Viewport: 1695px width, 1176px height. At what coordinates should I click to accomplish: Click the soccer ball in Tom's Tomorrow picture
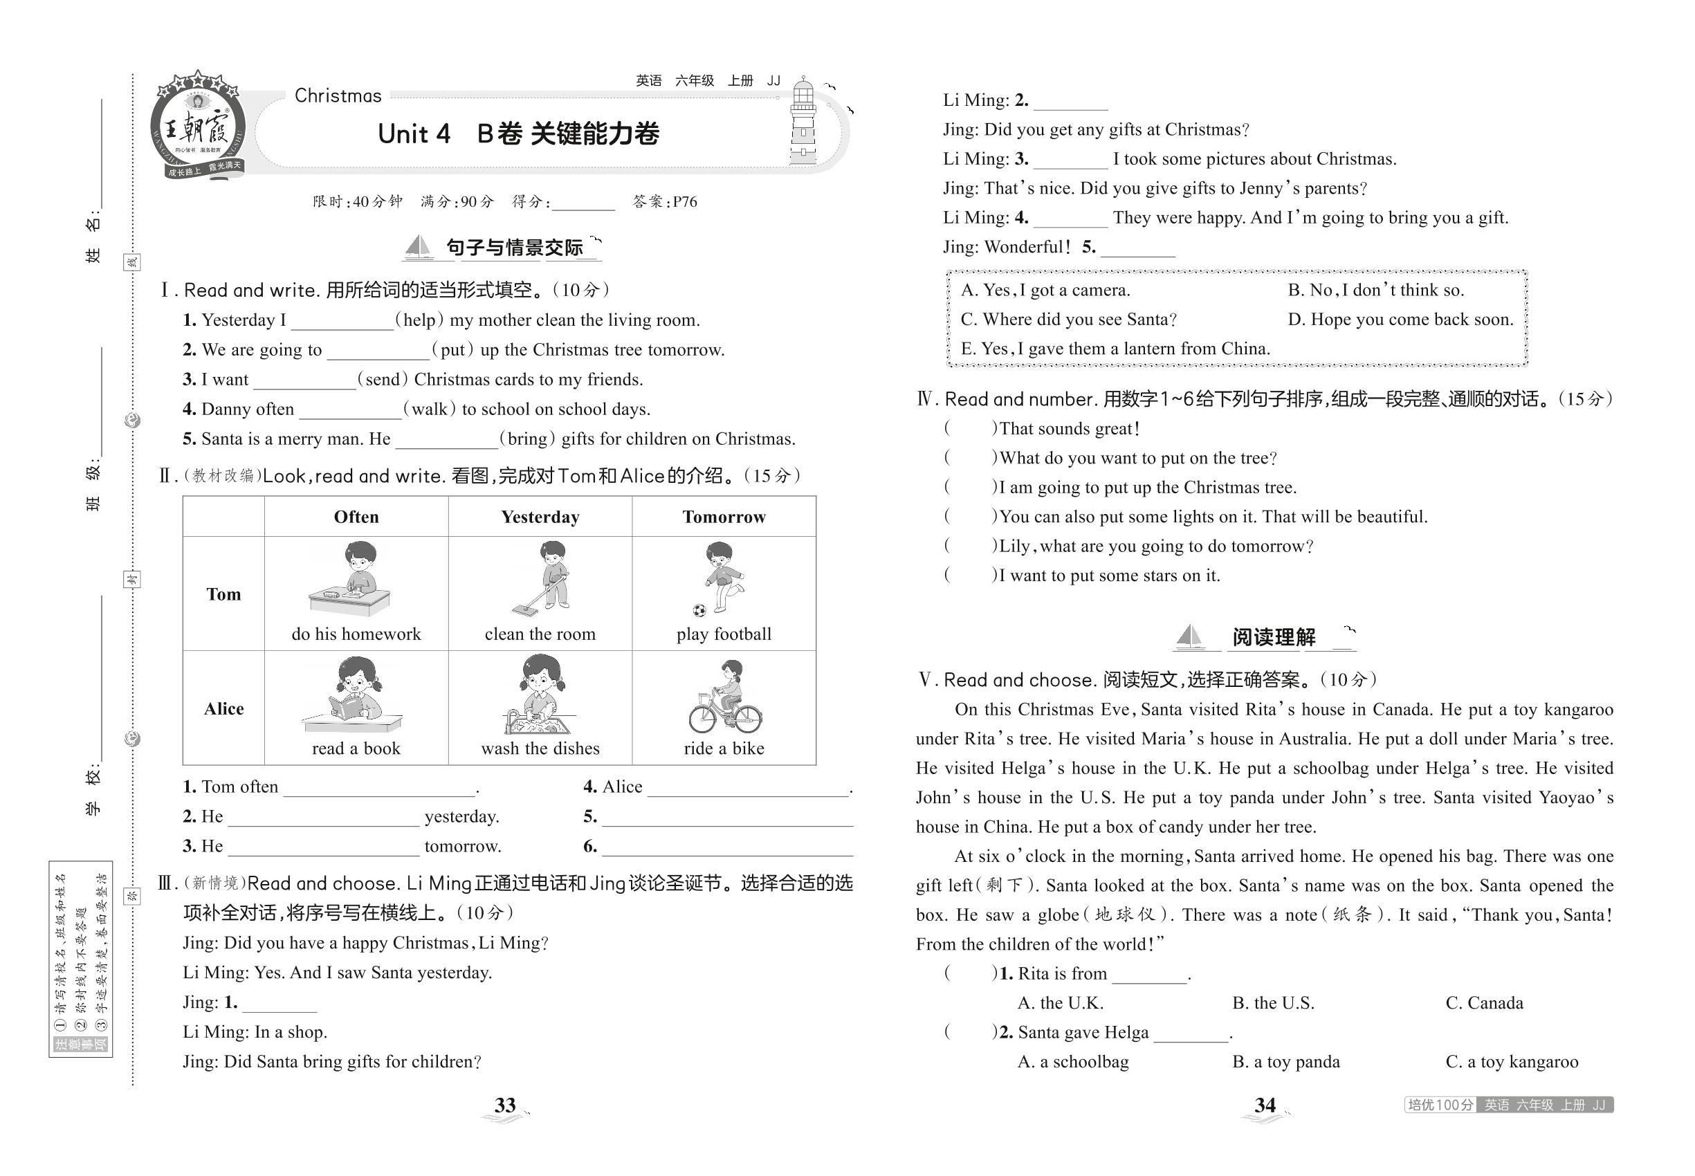699,610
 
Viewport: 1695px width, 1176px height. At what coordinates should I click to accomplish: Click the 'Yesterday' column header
540,517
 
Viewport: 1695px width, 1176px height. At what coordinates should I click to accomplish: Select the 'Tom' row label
223,595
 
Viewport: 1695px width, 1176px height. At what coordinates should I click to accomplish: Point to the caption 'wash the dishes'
540,748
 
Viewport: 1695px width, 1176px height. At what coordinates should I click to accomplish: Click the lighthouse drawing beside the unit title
803,124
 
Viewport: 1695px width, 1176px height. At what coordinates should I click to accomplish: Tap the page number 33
505,1105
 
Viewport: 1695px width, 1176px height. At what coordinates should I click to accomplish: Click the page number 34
1265,1105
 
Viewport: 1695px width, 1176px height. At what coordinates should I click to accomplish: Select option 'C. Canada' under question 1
1483,1004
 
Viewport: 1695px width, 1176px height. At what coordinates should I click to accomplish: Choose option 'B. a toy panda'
1286,1063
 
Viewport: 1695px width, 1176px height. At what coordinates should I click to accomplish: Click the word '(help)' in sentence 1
420,320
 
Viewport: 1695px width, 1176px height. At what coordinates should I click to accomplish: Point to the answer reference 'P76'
685,202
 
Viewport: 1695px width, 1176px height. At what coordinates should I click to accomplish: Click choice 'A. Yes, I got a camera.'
1045,291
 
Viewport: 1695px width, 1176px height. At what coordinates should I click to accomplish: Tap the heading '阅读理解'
1274,637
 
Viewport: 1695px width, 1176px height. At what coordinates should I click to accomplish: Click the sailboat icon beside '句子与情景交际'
419,247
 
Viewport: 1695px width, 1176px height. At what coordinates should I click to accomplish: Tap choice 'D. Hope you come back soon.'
1400,320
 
